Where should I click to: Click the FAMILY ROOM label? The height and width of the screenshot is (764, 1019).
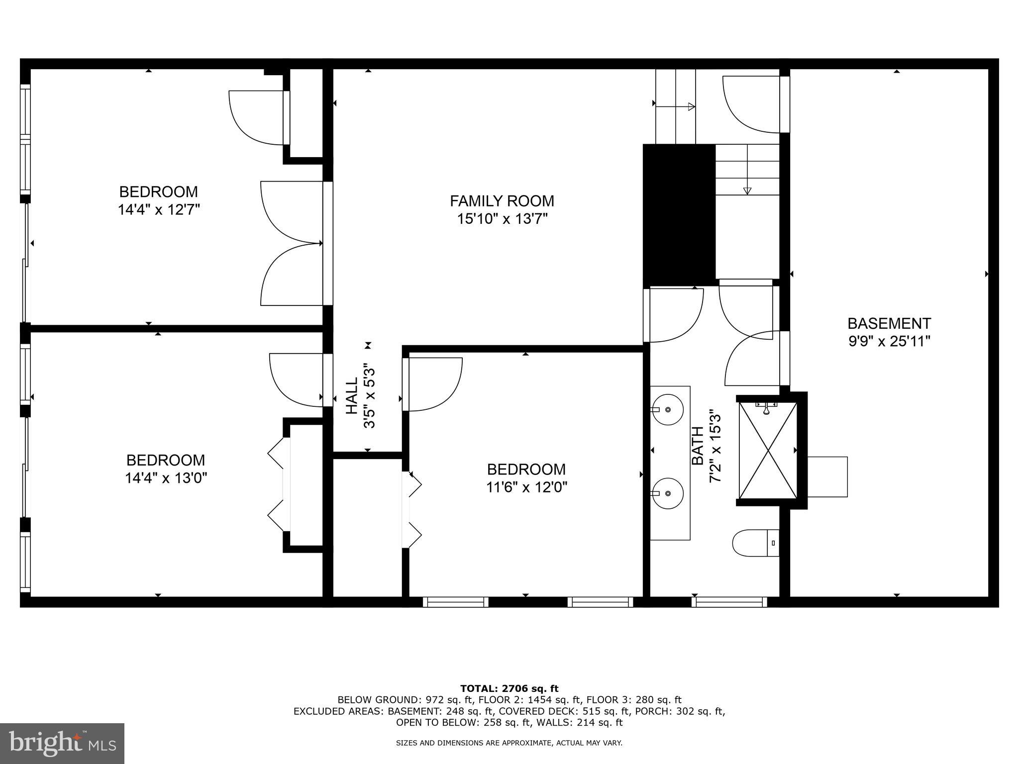(x=502, y=201)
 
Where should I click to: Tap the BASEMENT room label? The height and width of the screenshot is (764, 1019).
(x=889, y=323)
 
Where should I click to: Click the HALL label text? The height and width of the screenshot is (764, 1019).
(x=352, y=395)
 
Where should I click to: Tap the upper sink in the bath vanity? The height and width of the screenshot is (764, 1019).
(x=667, y=409)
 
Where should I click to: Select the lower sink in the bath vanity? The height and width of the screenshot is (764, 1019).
(x=667, y=493)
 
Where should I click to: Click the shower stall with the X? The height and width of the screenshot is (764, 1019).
(x=768, y=450)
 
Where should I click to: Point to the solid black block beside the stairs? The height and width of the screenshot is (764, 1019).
(x=679, y=215)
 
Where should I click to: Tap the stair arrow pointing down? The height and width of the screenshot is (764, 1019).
(x=747, y=191)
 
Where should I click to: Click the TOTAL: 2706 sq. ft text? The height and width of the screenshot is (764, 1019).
(x=509, y=688)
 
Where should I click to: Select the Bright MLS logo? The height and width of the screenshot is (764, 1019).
(x=62, y=743)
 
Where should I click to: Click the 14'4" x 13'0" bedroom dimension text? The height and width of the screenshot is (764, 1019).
(x=166, y=478)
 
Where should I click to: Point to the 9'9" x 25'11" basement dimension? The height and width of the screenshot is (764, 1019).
(x=889, y=342)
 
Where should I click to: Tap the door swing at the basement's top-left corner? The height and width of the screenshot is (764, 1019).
(x=751, y=104)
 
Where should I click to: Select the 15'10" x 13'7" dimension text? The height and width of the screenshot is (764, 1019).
(x=502, y=219)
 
